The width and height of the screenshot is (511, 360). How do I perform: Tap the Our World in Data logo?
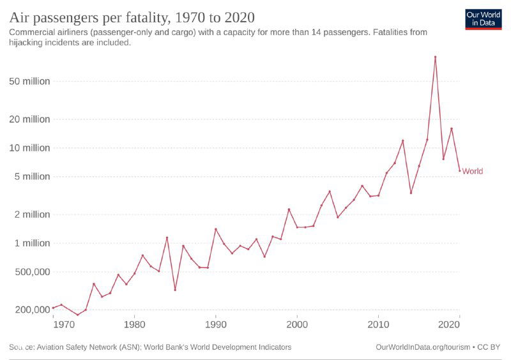point(483,19)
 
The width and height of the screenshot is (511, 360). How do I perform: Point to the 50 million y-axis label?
point(29,81)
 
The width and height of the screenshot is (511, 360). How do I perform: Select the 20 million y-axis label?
point(29,119)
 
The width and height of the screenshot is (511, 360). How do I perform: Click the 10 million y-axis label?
point(29,147)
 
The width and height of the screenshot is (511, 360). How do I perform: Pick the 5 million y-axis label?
point(32,176)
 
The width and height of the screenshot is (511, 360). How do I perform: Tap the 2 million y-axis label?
point(32,214)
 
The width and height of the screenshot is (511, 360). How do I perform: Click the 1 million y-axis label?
point(32,243)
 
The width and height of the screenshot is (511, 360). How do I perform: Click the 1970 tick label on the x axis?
point(63,324)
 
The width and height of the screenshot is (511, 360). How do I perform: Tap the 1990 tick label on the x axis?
point(215,324)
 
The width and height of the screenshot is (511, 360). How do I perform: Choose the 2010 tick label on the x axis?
point(378,324)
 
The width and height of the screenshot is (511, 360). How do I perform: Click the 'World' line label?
point(472,171)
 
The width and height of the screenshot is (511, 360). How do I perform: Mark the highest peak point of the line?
point(435,57)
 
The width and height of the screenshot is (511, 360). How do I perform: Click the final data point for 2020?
point(459,170)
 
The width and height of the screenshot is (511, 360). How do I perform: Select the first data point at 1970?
point(53,308)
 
